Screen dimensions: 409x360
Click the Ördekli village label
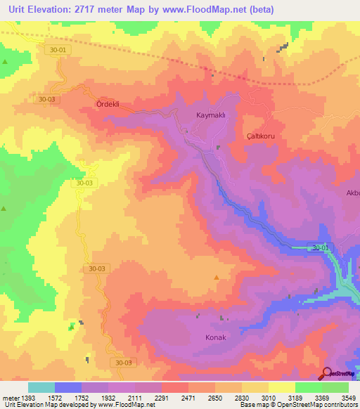tap(108, 104)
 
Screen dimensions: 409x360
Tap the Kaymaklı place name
tap(210, 115)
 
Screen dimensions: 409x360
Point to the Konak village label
tap(215, 337)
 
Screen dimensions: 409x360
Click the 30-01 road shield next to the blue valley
tap(319, 247)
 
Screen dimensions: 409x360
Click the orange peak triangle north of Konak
tap(216, 276)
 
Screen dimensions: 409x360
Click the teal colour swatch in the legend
tap(41, 387)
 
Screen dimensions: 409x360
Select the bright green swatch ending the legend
tap(335, 387)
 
